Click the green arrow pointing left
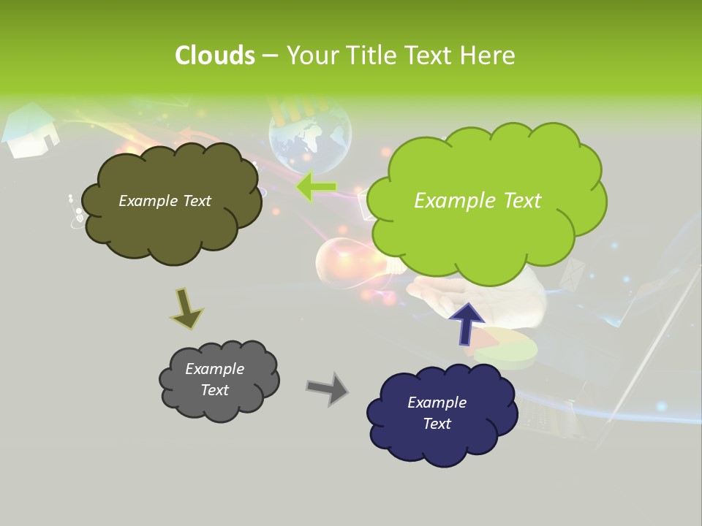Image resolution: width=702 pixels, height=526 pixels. tap(316, 187)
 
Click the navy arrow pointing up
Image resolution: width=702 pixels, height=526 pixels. tap(466, 323)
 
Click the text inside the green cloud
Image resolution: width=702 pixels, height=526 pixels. tap(478, 201)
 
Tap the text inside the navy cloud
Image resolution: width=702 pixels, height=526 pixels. tap(437, 413)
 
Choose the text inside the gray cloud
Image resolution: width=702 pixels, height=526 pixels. tap(214, 379)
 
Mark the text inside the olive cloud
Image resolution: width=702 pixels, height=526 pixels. tap(165, 201)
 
